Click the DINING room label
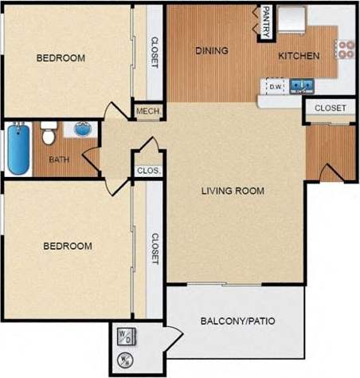[x=211, y=50]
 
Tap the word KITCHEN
[x=299, y=56]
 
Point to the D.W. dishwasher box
[x=276, y=86]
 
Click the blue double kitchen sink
[x=300, y=85]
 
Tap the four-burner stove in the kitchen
[x=346, y=49]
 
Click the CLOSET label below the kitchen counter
[x=330, y=108]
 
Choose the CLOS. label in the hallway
[x=149, y=171]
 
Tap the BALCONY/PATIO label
[x=238, y=322]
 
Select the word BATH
[x=59, y=159]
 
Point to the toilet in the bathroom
[x=48, y=133]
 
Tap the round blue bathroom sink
[x=83, y=128]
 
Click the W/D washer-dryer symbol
[x=127, y=336]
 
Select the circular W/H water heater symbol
[x=127, y=361]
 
